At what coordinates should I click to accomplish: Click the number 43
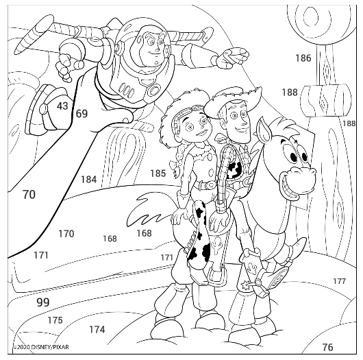pos(62,106)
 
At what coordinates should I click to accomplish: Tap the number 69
pos(82,114)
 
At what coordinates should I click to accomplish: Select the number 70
pos(29,194)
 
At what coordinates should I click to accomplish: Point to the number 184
pos(88,179)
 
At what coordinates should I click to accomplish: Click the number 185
pos(158,173)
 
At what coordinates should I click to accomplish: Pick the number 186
pos(303,58)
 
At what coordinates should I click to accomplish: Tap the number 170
pos(66,234)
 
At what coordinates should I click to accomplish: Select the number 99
pos(43,302)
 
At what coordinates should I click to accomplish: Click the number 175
pos(55,320)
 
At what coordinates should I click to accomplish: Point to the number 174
pos(97,329)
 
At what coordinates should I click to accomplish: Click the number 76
pos(327,347)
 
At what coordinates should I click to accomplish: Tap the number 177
pos(340,281)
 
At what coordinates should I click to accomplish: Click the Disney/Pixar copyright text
pos(40,347)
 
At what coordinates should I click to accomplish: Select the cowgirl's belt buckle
pos(210,184)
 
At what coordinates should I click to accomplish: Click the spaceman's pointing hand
pos(233,58)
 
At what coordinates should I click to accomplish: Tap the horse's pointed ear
pos(264,130)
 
